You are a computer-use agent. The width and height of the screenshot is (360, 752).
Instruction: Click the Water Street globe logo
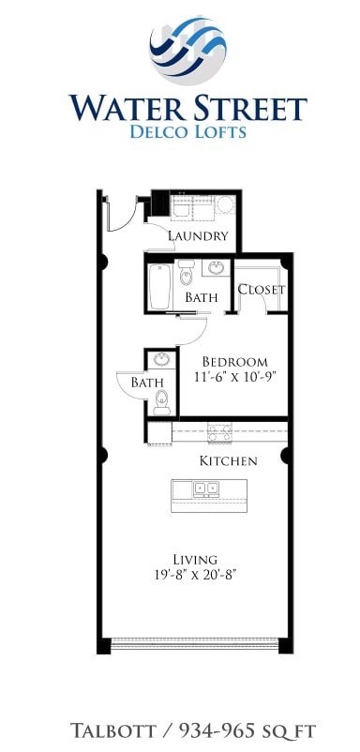pos(188,51)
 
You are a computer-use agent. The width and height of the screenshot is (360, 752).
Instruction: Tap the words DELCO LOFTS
pos(188,132)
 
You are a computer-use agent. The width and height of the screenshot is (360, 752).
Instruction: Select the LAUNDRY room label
pos(198,236)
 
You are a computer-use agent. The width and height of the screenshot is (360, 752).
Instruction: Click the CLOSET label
pos(261,290)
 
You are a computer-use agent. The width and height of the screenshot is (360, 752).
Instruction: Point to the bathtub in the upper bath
pos(159,286)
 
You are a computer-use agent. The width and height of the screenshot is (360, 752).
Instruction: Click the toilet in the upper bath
pos(186,272)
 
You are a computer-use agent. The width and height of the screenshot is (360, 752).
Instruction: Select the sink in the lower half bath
pos(162,361)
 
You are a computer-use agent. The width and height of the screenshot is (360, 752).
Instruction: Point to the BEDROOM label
pos(235,362)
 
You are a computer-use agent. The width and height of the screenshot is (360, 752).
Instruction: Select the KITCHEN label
pos(228,461)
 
